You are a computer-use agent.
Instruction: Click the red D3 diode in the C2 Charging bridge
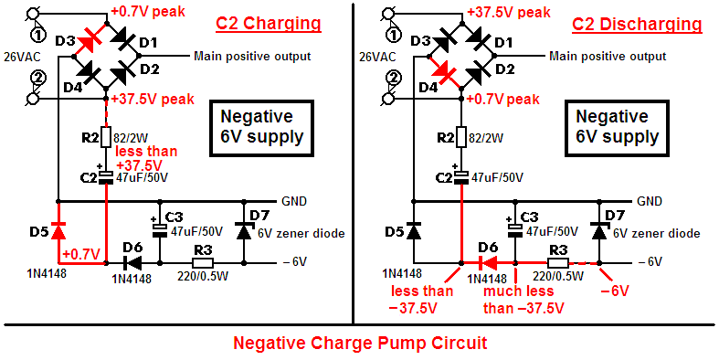click(90, 39)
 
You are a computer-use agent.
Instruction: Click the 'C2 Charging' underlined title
click(269, 24)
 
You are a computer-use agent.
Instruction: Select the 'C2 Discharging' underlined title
click(637, 24)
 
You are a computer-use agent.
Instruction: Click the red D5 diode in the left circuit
click(58, 230)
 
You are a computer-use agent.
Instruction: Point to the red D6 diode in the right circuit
click(488, 263)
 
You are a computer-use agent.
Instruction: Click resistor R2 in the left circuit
click(106, 137)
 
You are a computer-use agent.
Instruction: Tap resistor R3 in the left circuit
click(202, 263)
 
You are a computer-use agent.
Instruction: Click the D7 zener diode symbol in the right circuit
click(598, 230)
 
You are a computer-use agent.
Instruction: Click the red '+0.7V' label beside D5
click(81, 253)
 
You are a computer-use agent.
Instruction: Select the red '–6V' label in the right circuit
click(614, 291)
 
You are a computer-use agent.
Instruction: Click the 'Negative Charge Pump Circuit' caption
click(360, 343)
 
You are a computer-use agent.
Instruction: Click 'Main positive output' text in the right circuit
click(608, 57)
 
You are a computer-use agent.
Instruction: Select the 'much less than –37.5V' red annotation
click(523, 300)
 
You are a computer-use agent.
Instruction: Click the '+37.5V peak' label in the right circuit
click(508, 13)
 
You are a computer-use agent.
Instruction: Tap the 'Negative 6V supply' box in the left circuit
click(262, 127)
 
